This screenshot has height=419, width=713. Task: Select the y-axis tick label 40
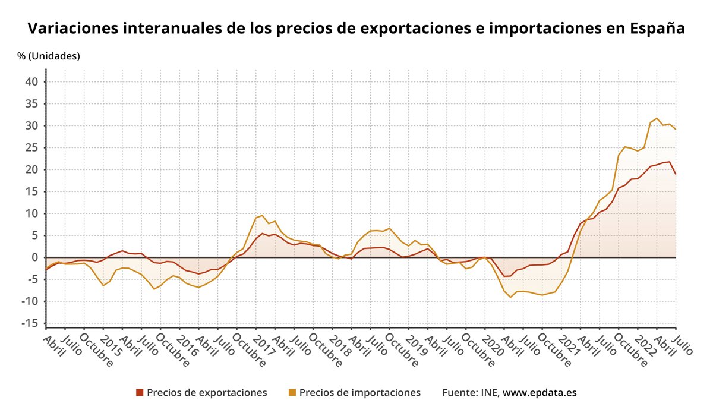point(31,81)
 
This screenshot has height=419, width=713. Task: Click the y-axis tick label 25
point(31,147)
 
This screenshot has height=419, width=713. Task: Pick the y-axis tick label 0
point(35,257)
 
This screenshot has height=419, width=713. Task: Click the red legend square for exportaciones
point(140,392)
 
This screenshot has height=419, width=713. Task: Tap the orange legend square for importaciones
point(292,392)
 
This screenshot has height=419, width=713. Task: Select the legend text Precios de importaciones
point(360,392)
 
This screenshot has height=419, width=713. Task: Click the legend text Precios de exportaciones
point(207,392)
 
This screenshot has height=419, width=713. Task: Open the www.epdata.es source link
point(540,392)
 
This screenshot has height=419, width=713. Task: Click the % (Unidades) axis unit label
point(49,56)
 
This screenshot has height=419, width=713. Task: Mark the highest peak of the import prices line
point(657,118)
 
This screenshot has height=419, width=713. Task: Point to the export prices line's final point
point(676,174)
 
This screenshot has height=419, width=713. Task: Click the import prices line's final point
point(676,129)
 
